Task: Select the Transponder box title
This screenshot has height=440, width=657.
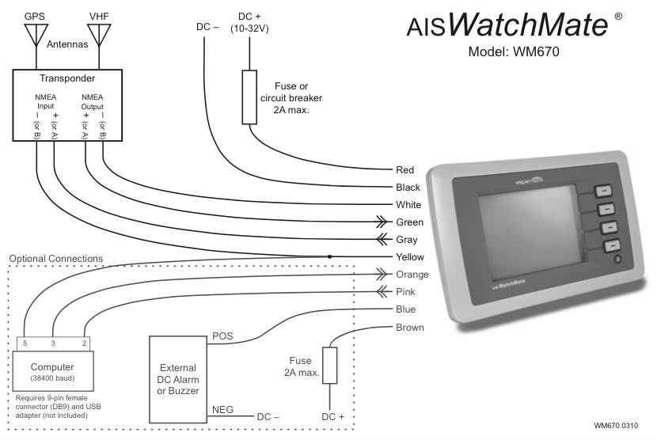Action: pos(67,78)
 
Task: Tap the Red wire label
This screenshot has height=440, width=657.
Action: pos(404,170)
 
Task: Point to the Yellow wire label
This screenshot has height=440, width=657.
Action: pos(409,257)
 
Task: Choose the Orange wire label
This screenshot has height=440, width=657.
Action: pos(412,275)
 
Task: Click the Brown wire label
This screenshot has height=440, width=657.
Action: pos(409,327)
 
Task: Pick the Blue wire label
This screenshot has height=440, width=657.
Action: pos(405,309)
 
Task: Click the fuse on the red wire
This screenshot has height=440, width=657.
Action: pos(249,97)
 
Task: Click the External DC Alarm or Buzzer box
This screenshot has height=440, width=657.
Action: pos(179,379)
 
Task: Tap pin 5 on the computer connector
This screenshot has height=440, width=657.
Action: pos(25,343)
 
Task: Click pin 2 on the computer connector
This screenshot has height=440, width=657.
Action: pos(84,343)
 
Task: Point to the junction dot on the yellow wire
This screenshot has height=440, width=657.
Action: pos(330,256)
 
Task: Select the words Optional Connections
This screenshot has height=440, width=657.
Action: pos(55,259)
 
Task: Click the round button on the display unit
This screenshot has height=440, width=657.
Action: pos(617,259)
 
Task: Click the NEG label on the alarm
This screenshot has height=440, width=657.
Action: pos(222,410)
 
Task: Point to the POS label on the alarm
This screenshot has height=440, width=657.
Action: pos(223,336)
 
